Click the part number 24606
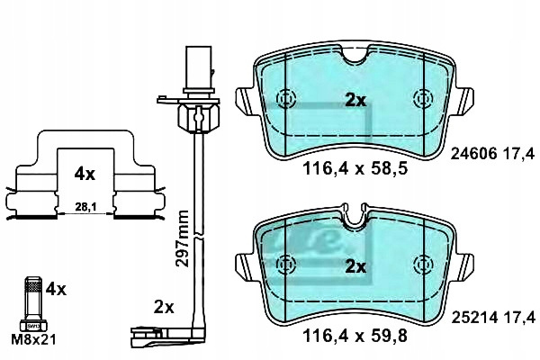coord(473,153)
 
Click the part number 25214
coord(474,318)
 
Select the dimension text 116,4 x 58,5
coord(355,168)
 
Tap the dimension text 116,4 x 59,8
coord(355,336)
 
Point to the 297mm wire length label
coord(182,238)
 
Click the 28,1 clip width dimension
coord(85,207)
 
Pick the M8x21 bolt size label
coord(33,340)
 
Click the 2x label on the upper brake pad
coord(355,100)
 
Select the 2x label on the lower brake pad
coord(355,266)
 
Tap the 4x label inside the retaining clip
coord(85,175)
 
